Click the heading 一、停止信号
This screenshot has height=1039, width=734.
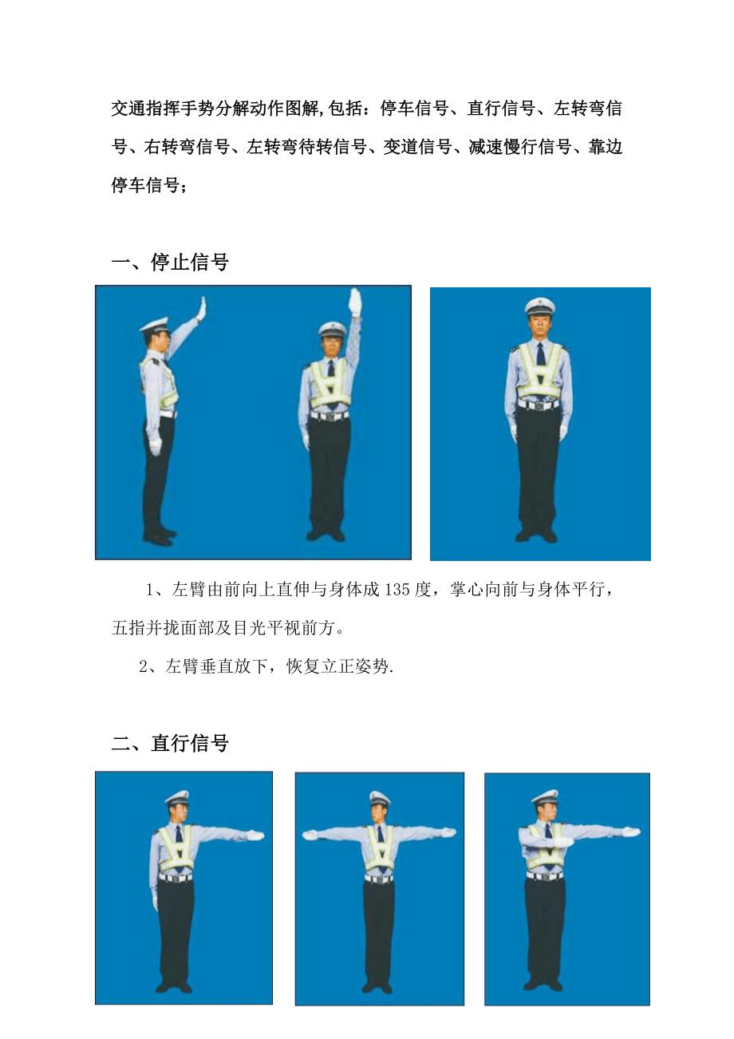pos(170,262)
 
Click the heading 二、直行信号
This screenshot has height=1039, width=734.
pos(170,743)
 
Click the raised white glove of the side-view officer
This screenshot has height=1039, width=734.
pos(201,309)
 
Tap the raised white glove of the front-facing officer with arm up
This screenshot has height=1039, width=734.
pos(356,302)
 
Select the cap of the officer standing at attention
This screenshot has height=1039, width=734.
pos(540,306)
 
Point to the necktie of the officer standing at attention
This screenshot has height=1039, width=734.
pos(541,354)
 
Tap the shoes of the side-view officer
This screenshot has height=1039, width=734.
pos(159,537)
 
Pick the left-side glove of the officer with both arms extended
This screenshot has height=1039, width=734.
pos(310,835)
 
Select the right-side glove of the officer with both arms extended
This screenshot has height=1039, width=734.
pos(448,832)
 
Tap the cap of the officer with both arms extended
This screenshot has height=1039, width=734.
pos(379,797)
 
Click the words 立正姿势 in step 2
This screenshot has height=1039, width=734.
pos(355,666)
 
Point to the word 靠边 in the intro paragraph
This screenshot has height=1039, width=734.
pos(605,147)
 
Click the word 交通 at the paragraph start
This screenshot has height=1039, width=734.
pos(128,108)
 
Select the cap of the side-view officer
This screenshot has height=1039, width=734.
pos(154,325)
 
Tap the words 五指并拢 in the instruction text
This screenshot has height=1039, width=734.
pos(145,628)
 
